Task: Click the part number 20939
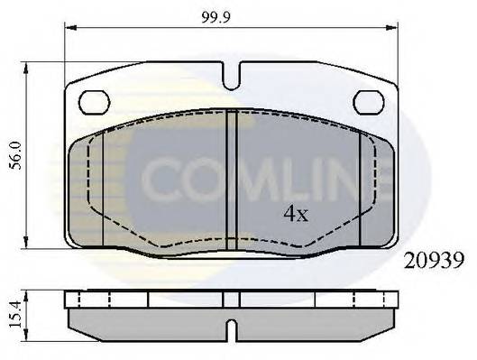coord(427,261)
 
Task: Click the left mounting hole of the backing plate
coord(94,103)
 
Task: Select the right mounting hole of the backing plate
coord(368,103)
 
